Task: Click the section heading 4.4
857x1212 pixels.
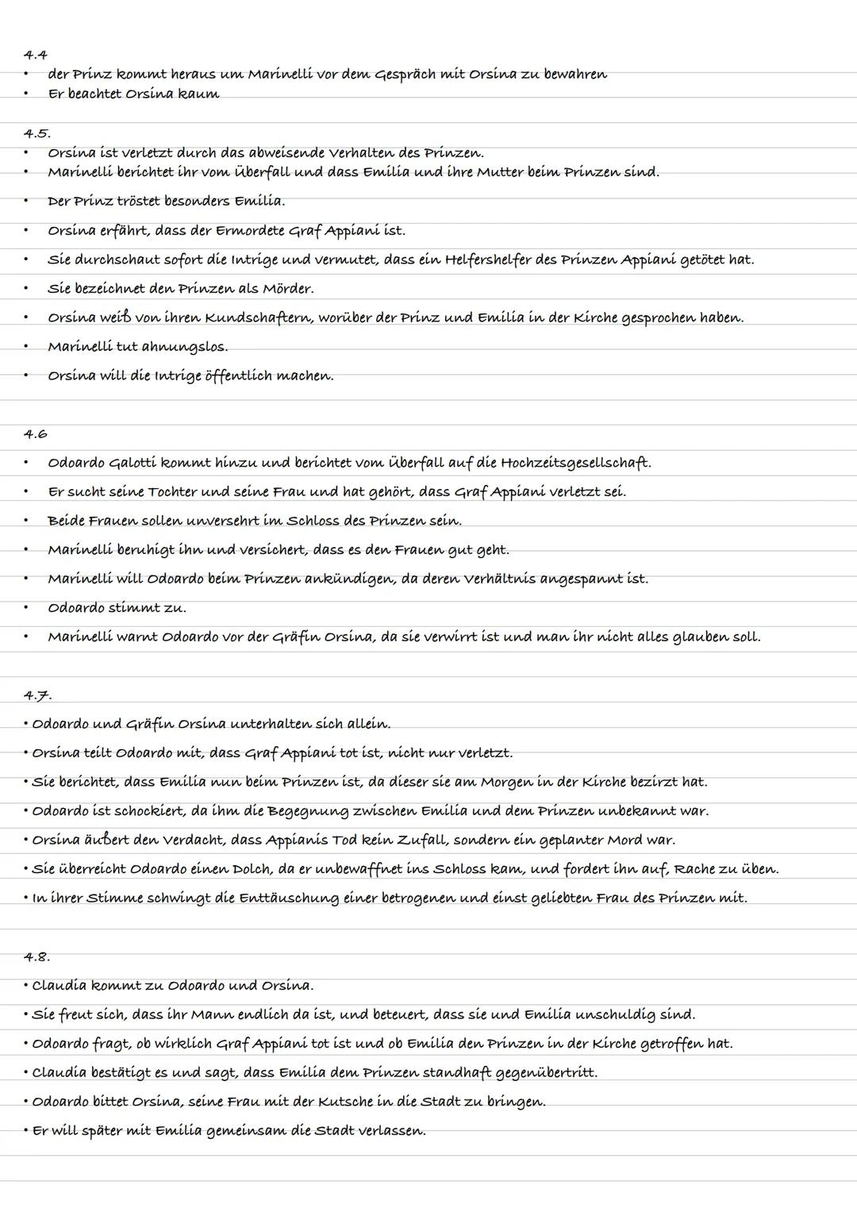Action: pos(36,55)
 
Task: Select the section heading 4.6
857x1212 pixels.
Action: pos(36,434)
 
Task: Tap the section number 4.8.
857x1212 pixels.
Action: pos(37,956)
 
